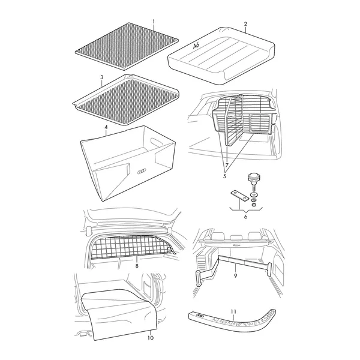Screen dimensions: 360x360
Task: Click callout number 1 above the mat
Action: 154,22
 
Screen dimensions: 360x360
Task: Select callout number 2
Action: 245,24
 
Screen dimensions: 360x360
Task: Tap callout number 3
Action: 102,77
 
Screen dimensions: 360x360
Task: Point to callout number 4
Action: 106,127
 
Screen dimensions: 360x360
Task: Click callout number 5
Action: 224,176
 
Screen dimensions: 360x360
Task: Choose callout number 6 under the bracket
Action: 245,217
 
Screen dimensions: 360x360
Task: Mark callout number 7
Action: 227,165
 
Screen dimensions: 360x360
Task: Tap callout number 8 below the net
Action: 137,266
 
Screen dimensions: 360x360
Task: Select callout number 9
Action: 236,275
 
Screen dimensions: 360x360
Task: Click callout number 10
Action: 151,338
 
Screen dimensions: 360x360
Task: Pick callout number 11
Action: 233,311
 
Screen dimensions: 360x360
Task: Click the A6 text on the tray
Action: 196,46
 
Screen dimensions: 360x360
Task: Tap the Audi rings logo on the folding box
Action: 142,171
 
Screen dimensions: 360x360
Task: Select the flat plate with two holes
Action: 239,196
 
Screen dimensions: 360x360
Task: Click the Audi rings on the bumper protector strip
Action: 200,316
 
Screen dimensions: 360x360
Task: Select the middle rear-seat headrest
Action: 236,238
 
